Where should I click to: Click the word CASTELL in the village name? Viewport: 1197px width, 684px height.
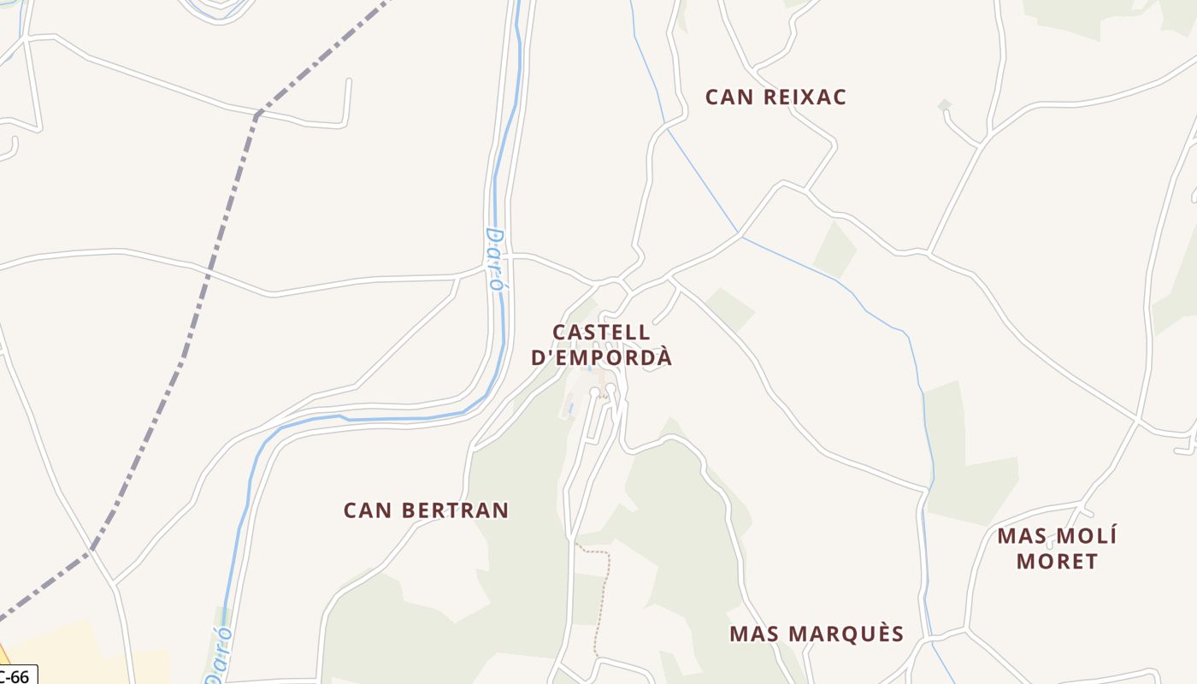pos(601,332)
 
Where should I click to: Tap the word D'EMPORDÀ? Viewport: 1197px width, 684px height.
pos(601,357)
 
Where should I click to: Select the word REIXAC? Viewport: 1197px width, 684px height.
pos(804,97)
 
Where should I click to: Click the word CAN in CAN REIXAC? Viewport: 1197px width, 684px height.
pos(729,97)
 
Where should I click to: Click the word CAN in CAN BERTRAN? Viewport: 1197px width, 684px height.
pos(368,510)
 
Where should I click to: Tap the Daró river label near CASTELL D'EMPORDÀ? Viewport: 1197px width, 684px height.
pos(494,260)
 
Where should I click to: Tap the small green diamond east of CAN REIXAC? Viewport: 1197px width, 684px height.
pos(944,105)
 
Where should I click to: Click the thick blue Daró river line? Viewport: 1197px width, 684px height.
pos(385,419)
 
